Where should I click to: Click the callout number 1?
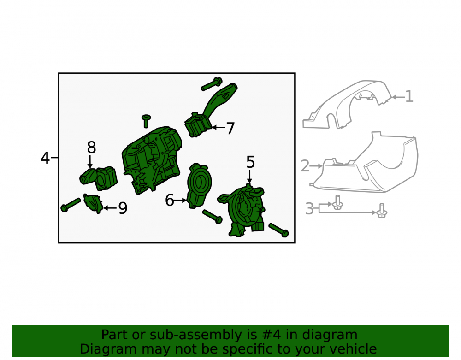tap(409, 96)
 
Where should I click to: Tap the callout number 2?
tap(305, 166)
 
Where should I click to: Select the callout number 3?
tap(309, 209)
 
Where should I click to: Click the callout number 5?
tap(250, 162)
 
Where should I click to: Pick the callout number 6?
tap(169, 200)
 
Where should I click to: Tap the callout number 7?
tap(230, 129)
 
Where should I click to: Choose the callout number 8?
tap(91, 148)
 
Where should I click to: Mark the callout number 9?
tap(123, 208)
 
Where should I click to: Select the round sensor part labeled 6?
tap(199, 186)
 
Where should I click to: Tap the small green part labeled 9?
tap(93, 203)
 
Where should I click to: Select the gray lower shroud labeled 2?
tap(365, 165)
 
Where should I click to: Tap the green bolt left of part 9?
tap(71, 205)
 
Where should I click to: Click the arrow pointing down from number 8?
tap(90, 162)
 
